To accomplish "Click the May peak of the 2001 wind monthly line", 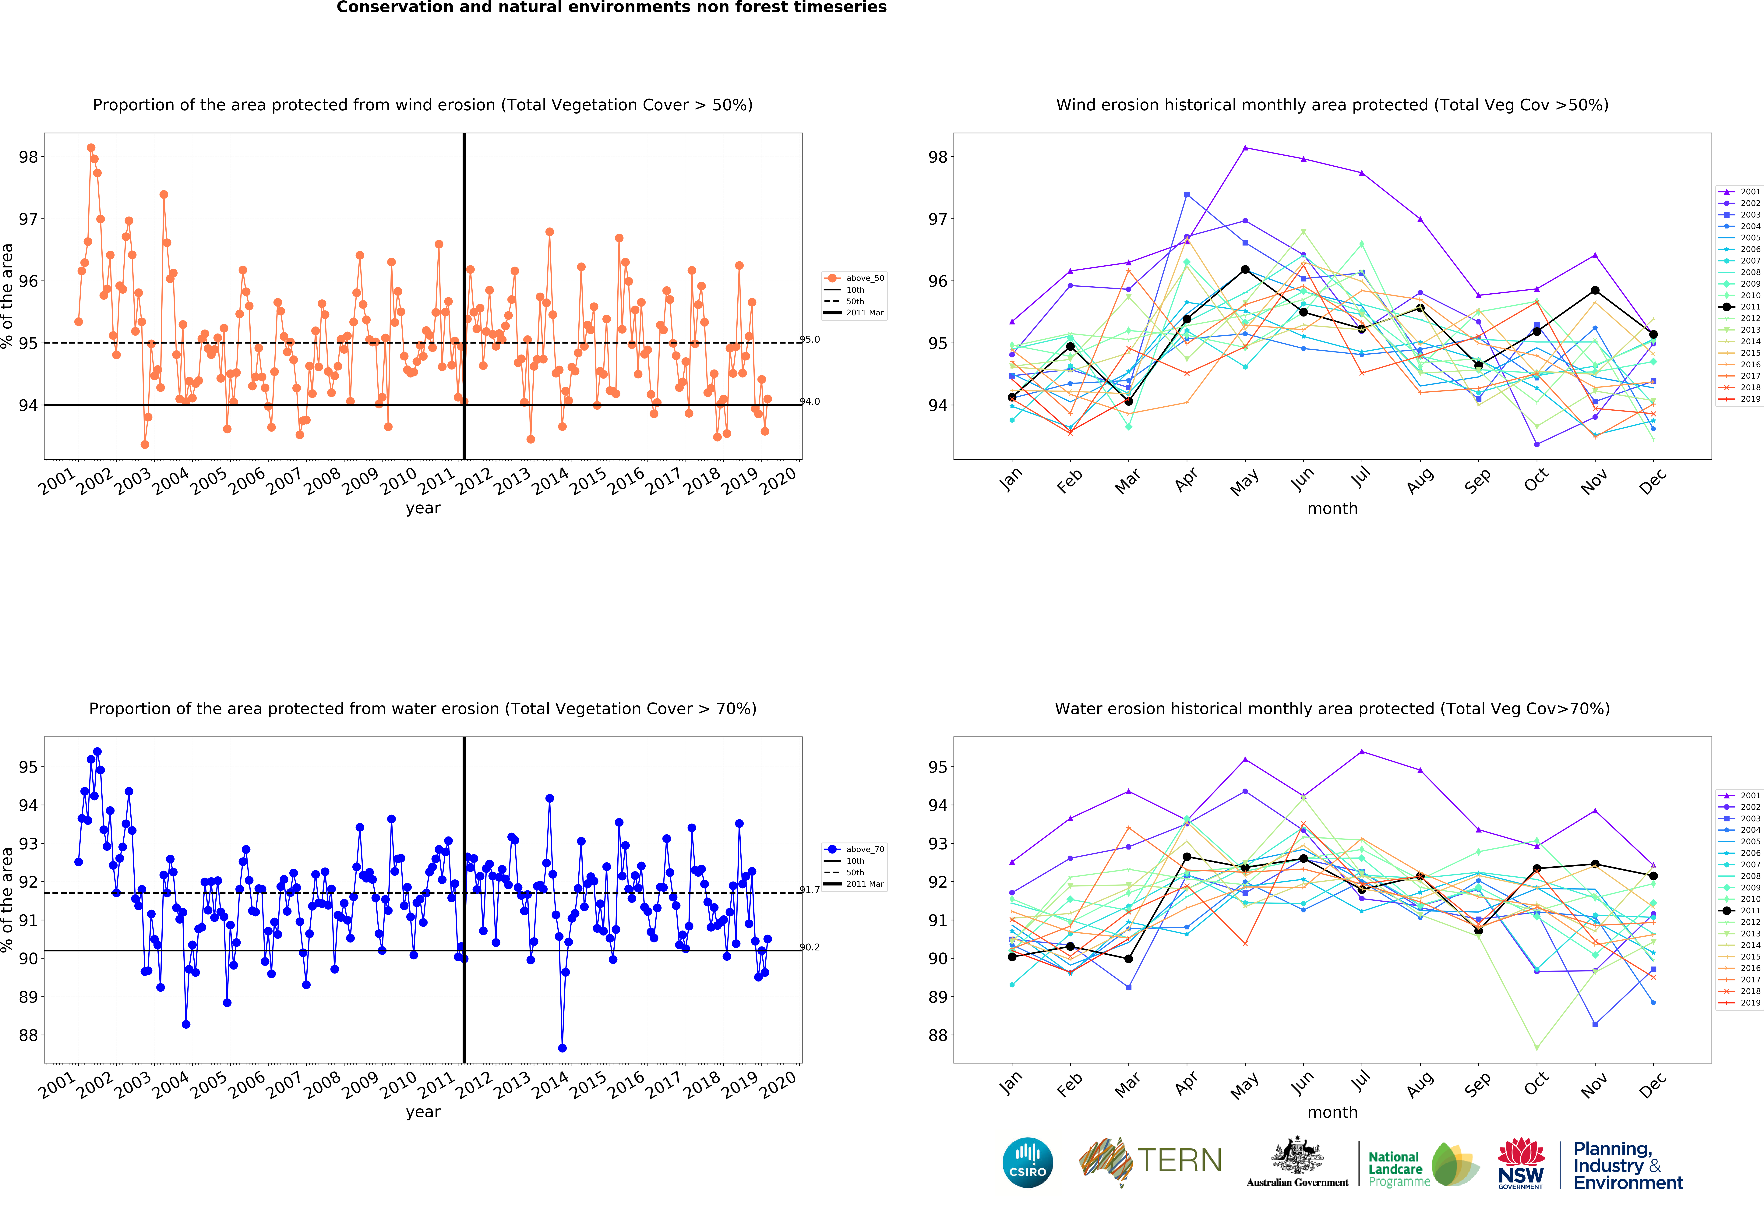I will [x=1245, y=148].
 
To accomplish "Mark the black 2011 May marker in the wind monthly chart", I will [x=1245, y=269].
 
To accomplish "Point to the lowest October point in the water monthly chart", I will [x=1536, y=1048].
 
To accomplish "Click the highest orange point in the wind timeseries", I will [x=91, y=148].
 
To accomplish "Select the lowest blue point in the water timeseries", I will [x=562, y=1048].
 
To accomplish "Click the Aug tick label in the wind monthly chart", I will [x=1419, y=480].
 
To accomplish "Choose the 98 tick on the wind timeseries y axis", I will [x=28, y=157].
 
